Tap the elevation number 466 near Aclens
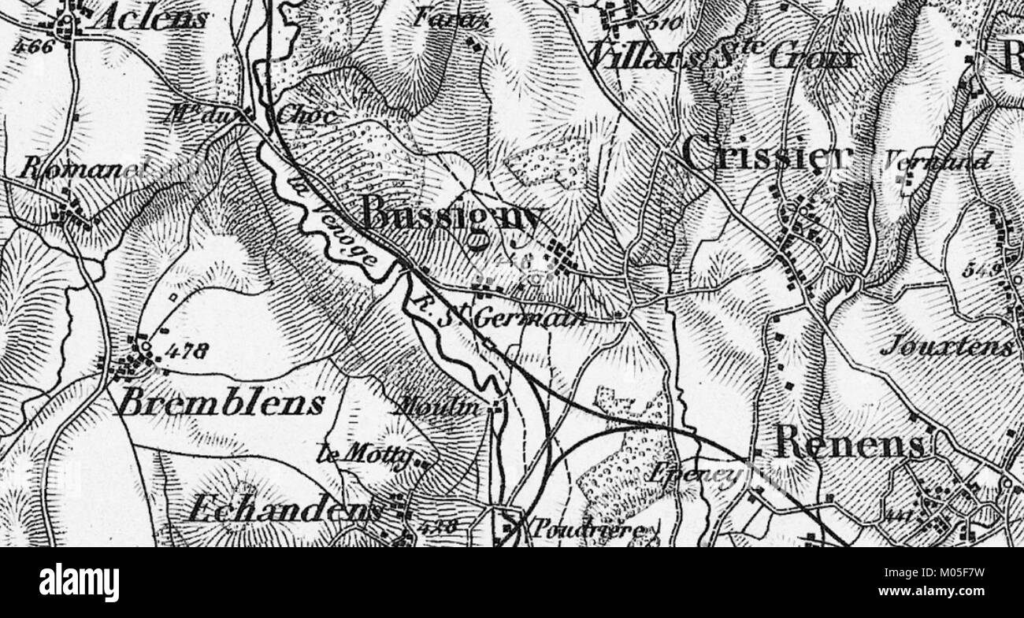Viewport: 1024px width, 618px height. (x=33, y=46)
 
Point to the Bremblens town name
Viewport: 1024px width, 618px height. (x=220, y=404)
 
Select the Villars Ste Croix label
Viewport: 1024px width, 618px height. (x=721, y=57)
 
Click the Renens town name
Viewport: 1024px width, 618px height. (x=849, y=443)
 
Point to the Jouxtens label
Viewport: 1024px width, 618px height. (x=948, y=346)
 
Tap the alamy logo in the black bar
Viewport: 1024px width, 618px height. (x=79, y=583)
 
